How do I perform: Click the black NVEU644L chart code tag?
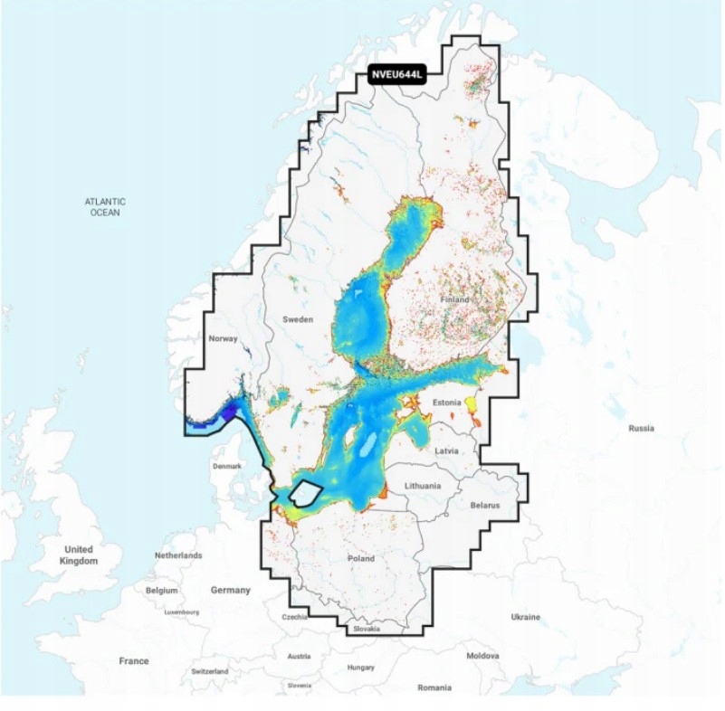[x=396, y=76]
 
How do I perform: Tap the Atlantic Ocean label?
[x=105, y=206]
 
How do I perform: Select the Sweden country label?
[x=298, y=319]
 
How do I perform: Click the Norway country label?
[x=223, y=338]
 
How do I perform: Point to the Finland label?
[x=454, y=299]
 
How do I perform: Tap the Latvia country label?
[x=446, y=450]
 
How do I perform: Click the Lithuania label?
[x=423, y=486]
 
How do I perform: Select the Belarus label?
[x=484, y=506]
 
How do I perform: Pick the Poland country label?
[x=360, y=558]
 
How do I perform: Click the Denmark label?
[x=227, y=466]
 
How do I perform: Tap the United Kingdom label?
[x=79, y=555]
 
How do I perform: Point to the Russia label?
[x=641, y=428]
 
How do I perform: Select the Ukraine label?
[x=525, y=617]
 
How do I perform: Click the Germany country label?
[x=230, y=590]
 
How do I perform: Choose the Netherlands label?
[x=178, y=555]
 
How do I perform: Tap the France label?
[x=133, y=661]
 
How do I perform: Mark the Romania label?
[x=434, y=687]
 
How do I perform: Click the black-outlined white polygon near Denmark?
[x=307, y=494]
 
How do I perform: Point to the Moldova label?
[x=482, y=655]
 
